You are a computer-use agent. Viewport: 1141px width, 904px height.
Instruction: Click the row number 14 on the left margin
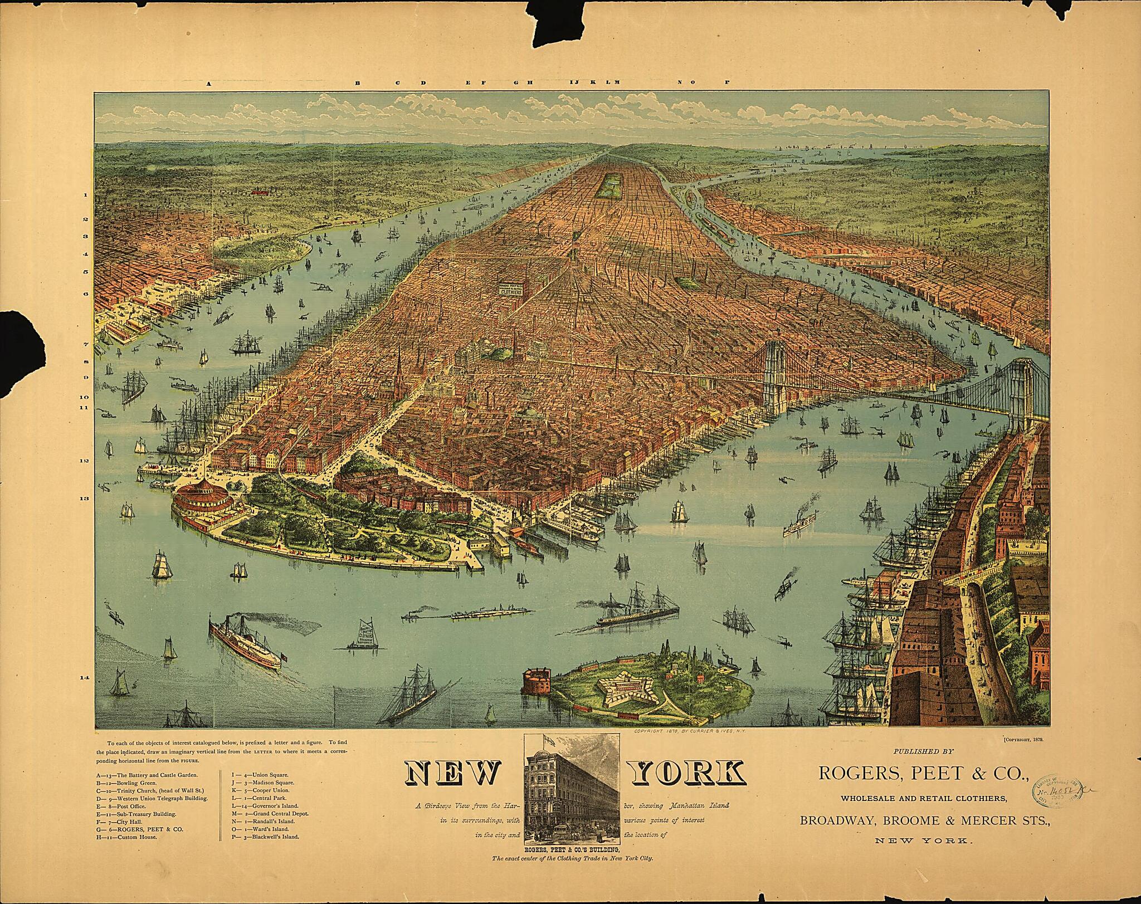click(x=85, y=678)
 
